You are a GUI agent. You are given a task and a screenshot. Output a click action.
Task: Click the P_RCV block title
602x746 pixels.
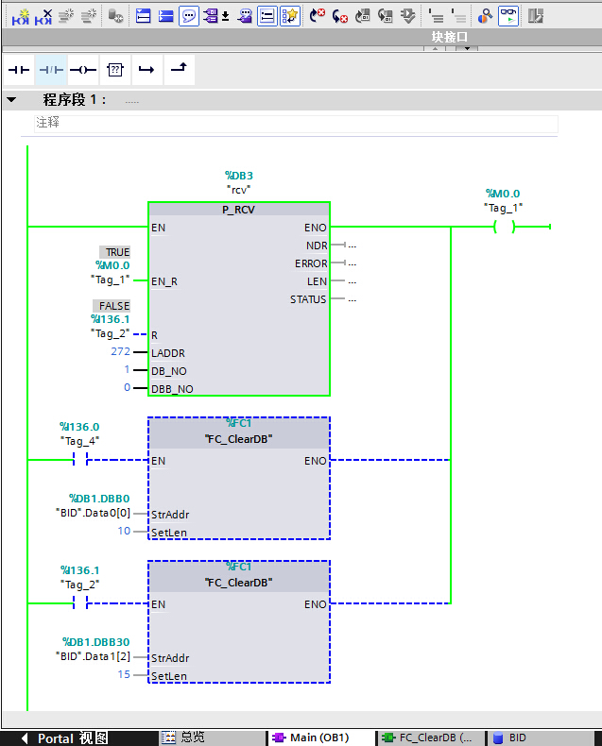238,210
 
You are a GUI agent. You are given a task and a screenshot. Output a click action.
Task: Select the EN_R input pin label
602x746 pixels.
164,281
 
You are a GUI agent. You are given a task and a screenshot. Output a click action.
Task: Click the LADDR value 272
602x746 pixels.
120,351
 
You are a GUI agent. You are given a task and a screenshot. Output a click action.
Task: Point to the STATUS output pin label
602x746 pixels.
308,299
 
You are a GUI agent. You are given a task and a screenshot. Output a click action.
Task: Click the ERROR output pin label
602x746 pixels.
311,263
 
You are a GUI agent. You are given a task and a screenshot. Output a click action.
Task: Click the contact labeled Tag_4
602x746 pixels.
80,461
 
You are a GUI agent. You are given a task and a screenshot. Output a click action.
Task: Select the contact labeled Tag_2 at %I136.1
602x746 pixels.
80,603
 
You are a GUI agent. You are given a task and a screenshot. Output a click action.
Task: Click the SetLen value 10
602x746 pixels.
124,532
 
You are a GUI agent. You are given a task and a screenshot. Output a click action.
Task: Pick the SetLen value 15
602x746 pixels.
124,675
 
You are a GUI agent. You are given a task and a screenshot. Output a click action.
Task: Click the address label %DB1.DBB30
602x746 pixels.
95,642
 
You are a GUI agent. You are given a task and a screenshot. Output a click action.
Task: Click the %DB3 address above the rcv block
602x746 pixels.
238,175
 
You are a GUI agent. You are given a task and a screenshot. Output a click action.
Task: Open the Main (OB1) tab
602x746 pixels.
311,738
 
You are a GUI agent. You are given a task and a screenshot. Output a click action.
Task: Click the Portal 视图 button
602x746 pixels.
65,738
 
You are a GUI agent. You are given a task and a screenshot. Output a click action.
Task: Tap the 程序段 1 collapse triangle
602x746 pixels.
11,100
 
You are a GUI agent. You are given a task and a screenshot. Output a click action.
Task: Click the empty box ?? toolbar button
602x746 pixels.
115,70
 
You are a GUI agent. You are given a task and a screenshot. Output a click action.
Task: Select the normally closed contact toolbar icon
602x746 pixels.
51,70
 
